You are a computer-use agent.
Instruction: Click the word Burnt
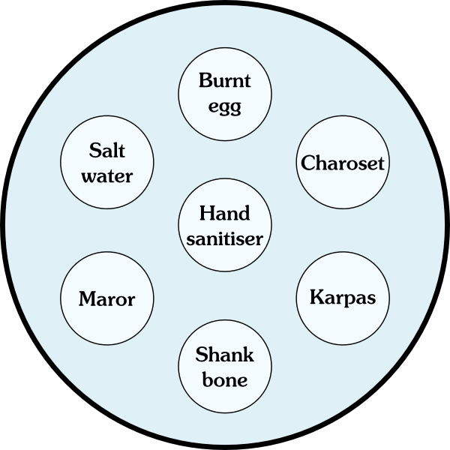[x=225, y=80]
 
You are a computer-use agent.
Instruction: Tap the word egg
[x=225, y=106]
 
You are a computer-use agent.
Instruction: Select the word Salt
[x=106, y=150]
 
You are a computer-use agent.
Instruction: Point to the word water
[x=106, y=176]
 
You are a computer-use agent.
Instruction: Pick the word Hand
[x=225, y=213]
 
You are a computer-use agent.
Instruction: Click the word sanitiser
[x=225, y=239]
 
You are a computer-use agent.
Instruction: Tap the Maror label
[x=106, y=299]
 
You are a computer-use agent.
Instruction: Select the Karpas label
[x=343, y=296]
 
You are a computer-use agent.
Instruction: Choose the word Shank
[x=225, y=354]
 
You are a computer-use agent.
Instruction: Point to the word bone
[x=225, y=379]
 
